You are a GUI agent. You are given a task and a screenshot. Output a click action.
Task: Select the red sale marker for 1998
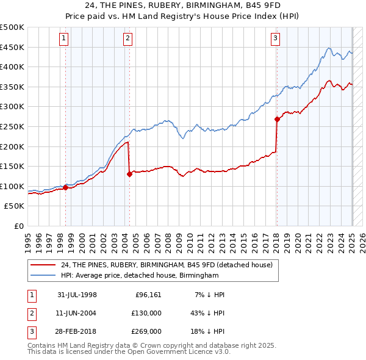(x=65, y=187)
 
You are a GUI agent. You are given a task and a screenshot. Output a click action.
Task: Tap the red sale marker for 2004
(x=129, y=174)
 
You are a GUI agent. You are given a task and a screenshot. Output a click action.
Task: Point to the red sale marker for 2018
(x=277, y=119)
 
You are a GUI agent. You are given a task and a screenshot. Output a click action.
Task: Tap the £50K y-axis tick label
(x=15, y=206)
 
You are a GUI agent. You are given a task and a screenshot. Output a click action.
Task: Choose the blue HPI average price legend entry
(x=140, y=275)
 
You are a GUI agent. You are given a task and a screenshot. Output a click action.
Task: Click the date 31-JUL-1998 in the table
(x=77, y=295)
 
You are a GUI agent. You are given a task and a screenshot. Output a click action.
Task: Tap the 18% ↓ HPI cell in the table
(x=207, y=331)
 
